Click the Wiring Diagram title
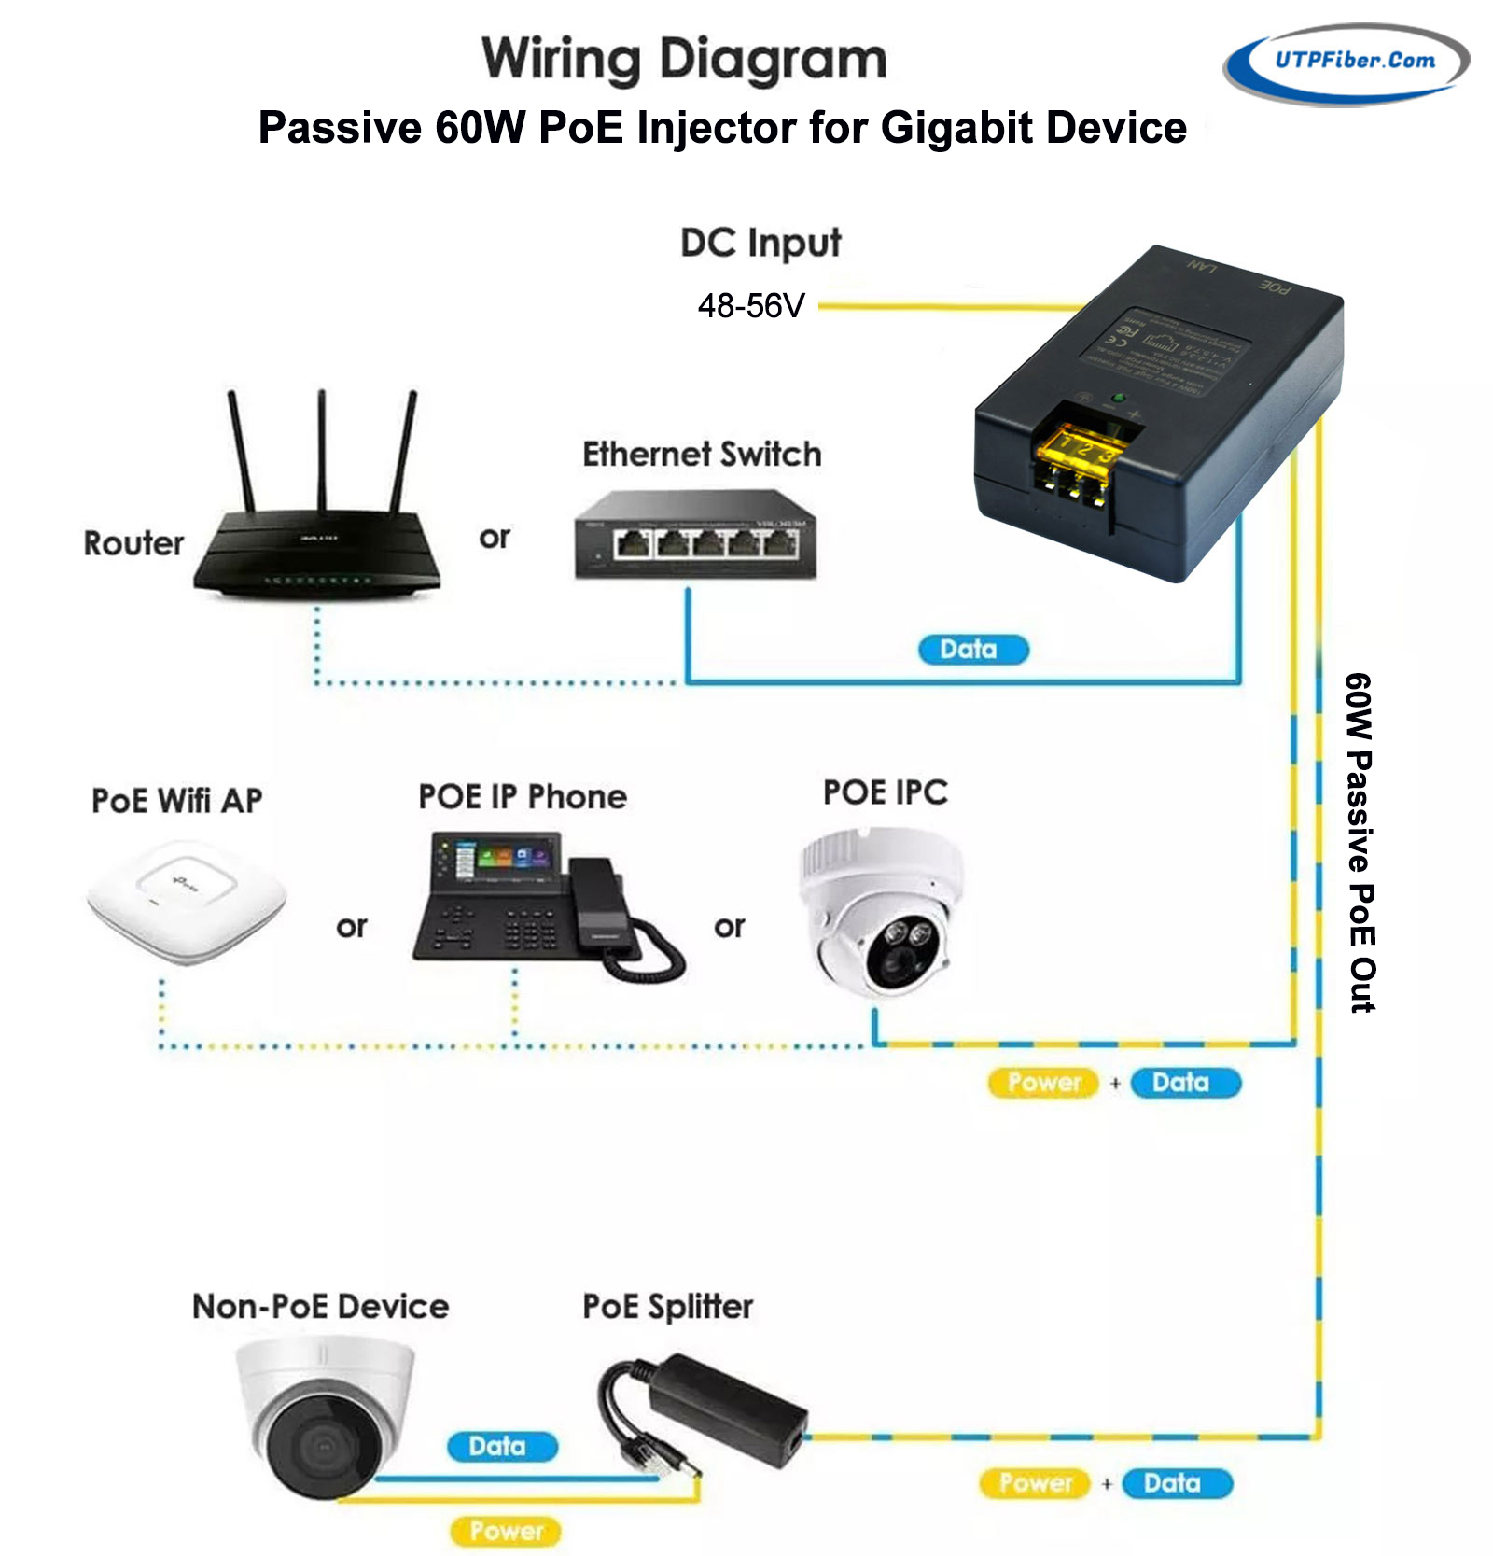[684, 60]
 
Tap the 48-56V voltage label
[751, 306]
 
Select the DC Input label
[760, 243]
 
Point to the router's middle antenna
[322, 448]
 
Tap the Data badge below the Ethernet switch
[972, 650]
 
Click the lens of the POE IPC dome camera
[901, 952]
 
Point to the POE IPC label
[885, 792]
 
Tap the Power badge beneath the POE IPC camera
[1043, 1083]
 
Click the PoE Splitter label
[667, 1307]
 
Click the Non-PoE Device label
[320, 1307]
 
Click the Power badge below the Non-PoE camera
[506, 1531]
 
